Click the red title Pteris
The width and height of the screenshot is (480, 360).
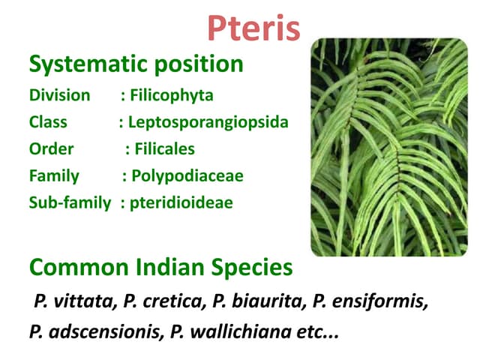pos(253,28)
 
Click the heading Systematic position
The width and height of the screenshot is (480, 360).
pos(136,64)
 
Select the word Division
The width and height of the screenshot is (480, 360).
pos(59,96)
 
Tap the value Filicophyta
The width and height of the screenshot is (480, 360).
pos(172,96)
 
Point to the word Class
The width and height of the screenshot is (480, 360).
pos(48,122)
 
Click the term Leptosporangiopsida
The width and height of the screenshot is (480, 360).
pos(208,122)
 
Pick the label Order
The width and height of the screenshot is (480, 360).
pos(51,149)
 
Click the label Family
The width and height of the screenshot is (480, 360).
pos(54,176)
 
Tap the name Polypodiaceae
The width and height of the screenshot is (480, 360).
pos(187,176)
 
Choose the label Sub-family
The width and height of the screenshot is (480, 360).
pos(69,203)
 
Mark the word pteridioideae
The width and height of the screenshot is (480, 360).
pos(181,203)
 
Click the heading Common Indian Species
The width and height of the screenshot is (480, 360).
pos(160,268)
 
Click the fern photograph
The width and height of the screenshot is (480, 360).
pos(388,146)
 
